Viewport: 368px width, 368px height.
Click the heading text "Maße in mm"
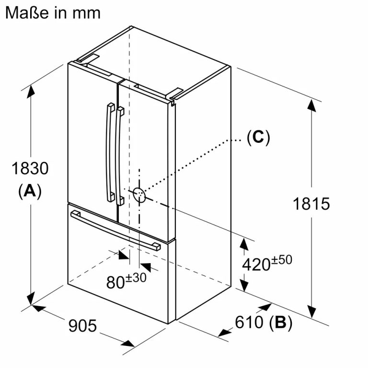pos(53,13)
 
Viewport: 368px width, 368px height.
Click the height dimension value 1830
pos(30,168)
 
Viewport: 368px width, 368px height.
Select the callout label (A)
pos(30,191)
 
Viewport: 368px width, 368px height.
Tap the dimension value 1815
pos(311,204)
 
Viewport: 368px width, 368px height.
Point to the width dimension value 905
pos(82,325)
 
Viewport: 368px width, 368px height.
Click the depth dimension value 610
pos(249,322)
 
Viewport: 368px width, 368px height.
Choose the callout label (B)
pos(281,322)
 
